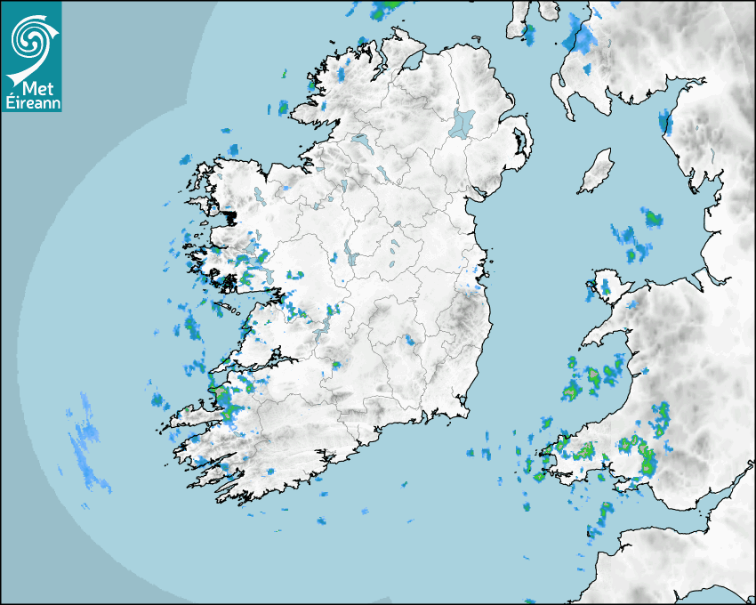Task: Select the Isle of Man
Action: (x=597, y=172)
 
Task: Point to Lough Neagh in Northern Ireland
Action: (x=462, y=123)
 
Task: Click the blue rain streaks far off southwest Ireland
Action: (x=88, y=440)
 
